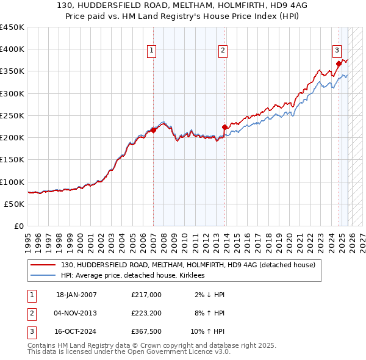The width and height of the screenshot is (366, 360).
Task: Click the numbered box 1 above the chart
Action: pyautogui.click(x=151, y=51)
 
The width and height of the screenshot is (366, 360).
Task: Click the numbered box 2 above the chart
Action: pyautogui.click(x=223, y=51)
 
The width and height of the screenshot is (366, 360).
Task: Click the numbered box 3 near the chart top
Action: pyautogui.click(x=336, y=51)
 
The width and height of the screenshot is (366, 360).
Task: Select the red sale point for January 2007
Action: pyautogui.click(x=153, y=130)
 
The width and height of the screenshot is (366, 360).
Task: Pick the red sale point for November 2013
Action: pyautogui.click(x=224, y=127)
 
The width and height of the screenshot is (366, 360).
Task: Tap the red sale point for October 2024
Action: pyautogui.click(x=339, y=62)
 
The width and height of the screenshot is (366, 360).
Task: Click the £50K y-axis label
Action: pyautogui.click(x=15, y=204)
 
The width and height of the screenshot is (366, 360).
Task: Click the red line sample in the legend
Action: pyautogui.click(x=43, y=265)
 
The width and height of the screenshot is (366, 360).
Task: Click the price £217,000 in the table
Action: pyautogui.click(x=146, y=295)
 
